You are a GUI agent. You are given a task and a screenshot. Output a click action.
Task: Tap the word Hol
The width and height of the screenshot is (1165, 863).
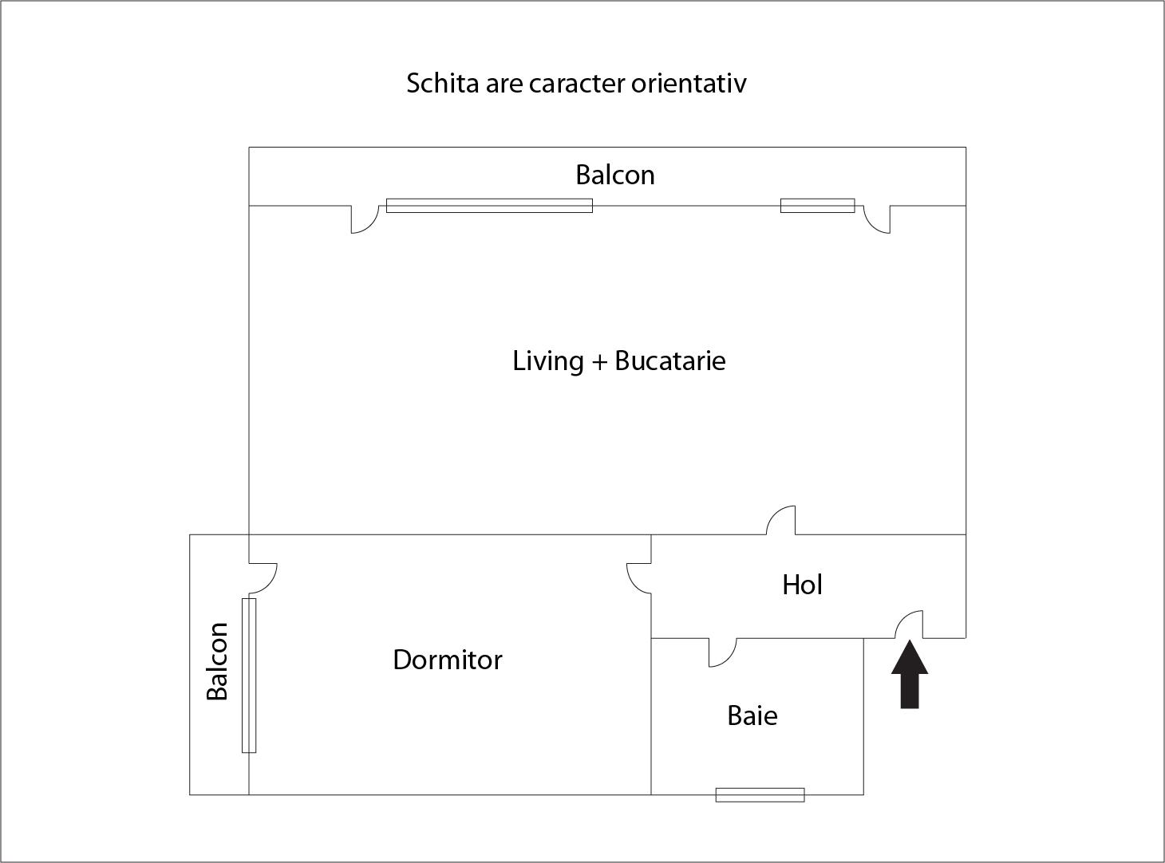802,585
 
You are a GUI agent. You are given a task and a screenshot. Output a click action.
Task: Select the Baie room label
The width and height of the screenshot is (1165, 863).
752,715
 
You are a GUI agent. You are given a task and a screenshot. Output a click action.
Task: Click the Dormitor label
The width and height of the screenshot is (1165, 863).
448,660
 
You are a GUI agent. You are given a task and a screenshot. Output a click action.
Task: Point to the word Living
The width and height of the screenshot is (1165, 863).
547,361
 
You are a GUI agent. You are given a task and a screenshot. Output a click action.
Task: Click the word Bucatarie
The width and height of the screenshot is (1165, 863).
669,361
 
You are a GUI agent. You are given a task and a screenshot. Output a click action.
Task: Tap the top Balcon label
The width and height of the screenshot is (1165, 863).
615,175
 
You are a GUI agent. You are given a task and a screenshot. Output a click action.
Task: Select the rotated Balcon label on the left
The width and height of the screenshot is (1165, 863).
217,661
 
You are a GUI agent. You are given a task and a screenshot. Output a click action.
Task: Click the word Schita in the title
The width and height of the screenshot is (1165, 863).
442,83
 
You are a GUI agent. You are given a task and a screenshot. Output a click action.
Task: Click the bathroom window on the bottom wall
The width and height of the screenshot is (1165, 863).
760,794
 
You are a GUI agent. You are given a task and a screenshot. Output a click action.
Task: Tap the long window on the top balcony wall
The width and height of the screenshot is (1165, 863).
489,206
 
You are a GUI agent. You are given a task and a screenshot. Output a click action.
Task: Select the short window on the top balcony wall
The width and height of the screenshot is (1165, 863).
817,206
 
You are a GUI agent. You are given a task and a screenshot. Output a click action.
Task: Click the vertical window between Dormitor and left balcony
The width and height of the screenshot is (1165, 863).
249,675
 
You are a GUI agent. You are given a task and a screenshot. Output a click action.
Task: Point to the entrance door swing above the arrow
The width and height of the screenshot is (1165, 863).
910,625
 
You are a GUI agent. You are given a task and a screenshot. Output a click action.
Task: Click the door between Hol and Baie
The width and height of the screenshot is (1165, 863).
722,652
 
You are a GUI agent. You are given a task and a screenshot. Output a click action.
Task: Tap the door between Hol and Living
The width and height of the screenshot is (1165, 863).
781,521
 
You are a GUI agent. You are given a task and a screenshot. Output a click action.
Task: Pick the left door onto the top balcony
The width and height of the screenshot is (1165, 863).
365,219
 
